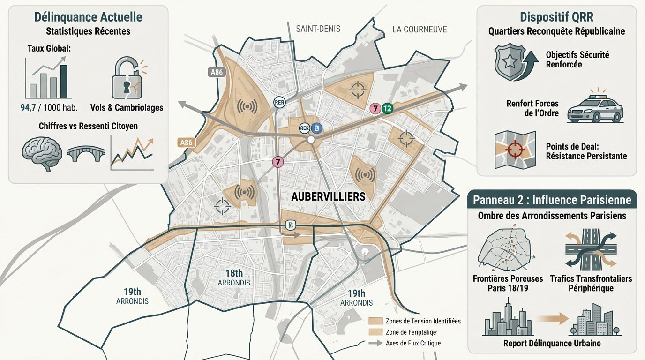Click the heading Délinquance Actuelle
pos(88,17)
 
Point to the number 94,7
pos(31,107)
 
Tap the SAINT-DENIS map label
pos(318,29)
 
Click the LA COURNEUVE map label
pos(420,30)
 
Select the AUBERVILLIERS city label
pos(328,197)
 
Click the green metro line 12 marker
pos(387,108)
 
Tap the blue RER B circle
pos(316,128)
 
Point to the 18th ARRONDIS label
pos(233,278)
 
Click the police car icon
pos(595,110)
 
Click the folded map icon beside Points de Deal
pos(515,150)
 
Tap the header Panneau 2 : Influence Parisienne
pos(552,200)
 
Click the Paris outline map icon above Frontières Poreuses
pos(505,249)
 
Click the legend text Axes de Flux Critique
pos(412,343)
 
